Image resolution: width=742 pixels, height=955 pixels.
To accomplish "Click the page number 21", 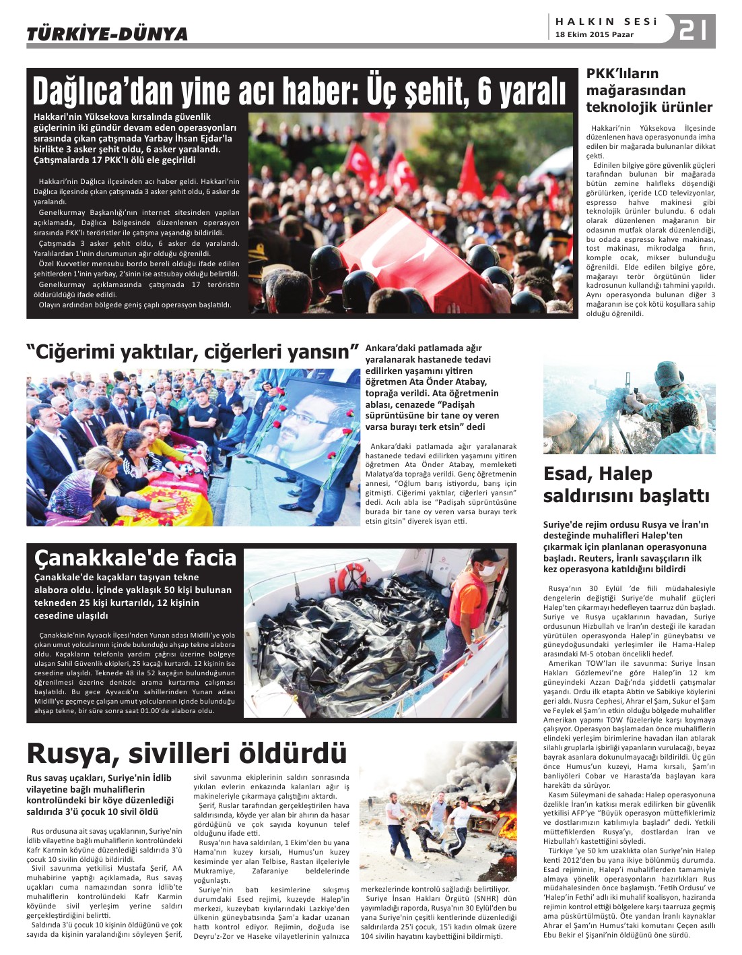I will pos(693,30).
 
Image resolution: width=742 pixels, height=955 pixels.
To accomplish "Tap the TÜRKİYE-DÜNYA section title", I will pos(107,34).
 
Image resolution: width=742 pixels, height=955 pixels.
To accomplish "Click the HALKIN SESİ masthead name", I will pos(606,22).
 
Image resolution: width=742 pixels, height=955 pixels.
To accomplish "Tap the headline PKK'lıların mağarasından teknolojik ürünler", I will pos(649,90).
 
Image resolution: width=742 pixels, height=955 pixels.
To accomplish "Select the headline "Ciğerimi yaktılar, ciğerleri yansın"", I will pos(192,352).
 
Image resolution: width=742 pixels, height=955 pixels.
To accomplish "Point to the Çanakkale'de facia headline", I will pos(135,557).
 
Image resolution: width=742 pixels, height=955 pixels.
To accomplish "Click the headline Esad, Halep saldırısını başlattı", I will pos(626,485).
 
